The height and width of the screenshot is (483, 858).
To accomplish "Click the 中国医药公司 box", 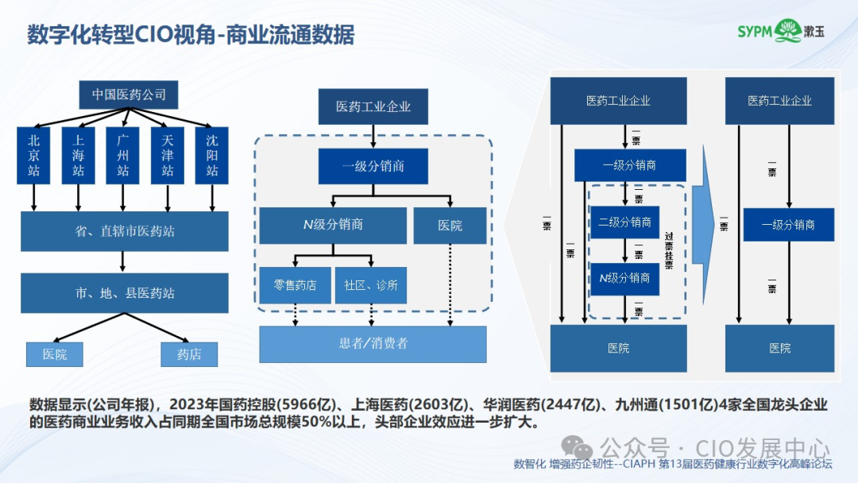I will coord(129,95).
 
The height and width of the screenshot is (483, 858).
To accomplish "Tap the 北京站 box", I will coord(33,155).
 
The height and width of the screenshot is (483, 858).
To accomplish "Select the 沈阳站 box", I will coord(211,155).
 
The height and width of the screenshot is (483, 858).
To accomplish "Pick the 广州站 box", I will coord(122,155).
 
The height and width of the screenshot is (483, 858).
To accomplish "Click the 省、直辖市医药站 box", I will coord(124,231).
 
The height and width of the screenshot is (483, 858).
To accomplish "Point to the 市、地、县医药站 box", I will coord(124,293).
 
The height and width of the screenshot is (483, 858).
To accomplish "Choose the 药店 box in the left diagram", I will coord(189,354).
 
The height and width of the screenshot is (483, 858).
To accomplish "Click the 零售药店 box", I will coord(295,285).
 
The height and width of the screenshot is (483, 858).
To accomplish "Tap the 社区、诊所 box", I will coord(371,285).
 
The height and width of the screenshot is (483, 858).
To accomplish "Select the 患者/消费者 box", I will coord(373,344).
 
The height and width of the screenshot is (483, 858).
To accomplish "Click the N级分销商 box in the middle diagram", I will coord(333,225).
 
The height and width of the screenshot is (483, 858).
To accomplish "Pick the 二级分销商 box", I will coord(624,222).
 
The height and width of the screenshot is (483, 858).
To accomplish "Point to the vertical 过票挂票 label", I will coord(669,250).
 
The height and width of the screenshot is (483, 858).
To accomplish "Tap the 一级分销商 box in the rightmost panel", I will coord(788,225).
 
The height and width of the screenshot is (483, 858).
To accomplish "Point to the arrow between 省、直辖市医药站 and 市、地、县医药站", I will coord(123,262).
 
